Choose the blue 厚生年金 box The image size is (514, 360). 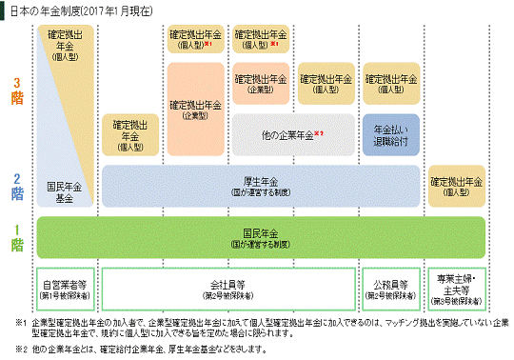(x=260, y=185)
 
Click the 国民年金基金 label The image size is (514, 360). (x=64, y=190)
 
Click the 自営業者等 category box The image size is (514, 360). (x=64, y=289)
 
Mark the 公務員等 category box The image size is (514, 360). (x=391, y=289)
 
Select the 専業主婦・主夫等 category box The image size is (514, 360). (x=460, y=289)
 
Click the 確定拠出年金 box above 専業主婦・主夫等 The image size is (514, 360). (x=460, y=185)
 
